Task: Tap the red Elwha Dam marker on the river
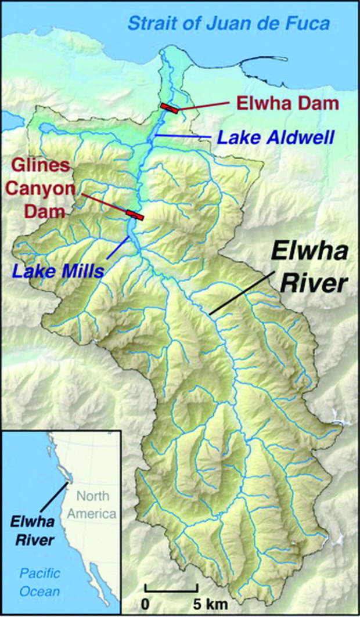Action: click(x=170, y=107)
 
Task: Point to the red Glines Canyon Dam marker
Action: click(x=135, y=215)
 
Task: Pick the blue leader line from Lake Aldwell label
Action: click(x=181, y=136)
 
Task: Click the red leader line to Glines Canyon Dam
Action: click(x=104, y=204)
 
